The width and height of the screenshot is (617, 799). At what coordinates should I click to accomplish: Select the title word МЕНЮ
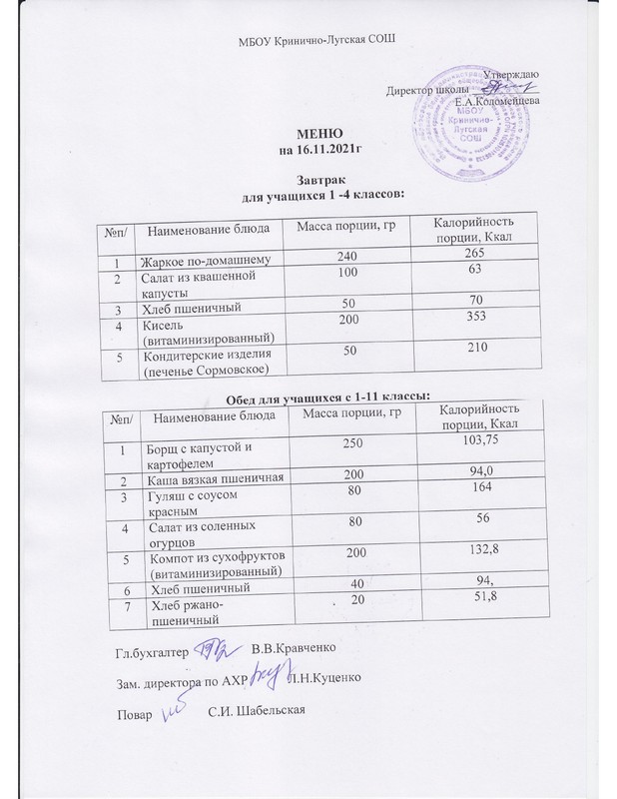click(x=318, y=135)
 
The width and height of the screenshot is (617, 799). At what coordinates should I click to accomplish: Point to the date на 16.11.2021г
click(x=318, y=151)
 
